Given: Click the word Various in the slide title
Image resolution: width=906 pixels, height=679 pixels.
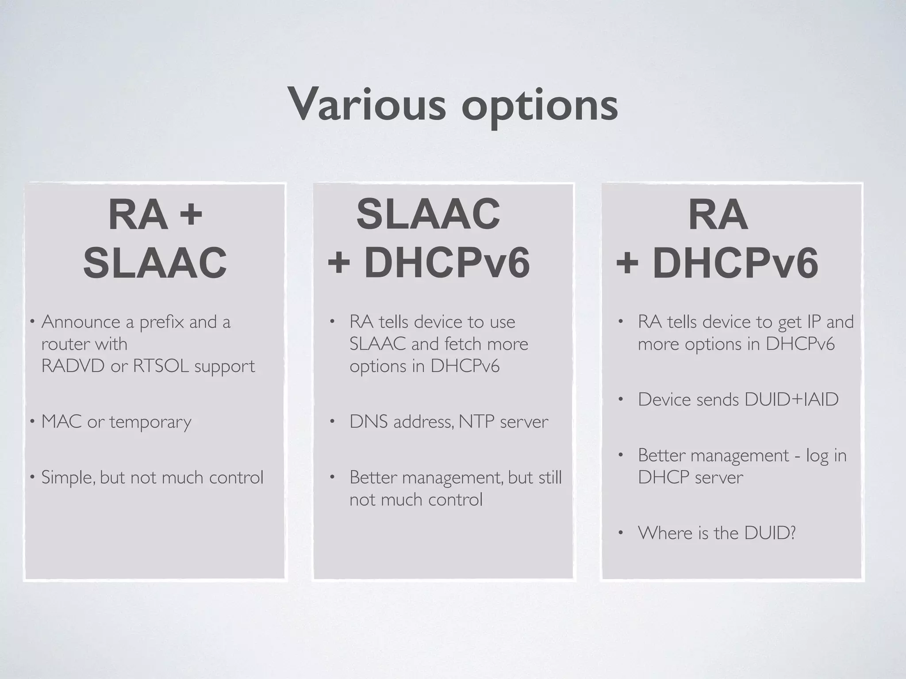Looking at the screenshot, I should (367, 104).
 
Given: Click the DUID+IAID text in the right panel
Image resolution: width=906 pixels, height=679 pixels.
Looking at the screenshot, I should (791, 400).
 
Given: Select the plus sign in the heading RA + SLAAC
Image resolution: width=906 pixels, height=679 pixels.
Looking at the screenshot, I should (191, 215).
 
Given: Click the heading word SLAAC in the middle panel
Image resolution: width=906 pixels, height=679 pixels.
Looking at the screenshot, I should (428, 214).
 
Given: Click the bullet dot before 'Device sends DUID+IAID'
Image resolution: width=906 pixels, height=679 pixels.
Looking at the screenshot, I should (621, 400).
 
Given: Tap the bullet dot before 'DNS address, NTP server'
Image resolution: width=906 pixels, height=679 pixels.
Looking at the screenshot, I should (332, 421).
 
